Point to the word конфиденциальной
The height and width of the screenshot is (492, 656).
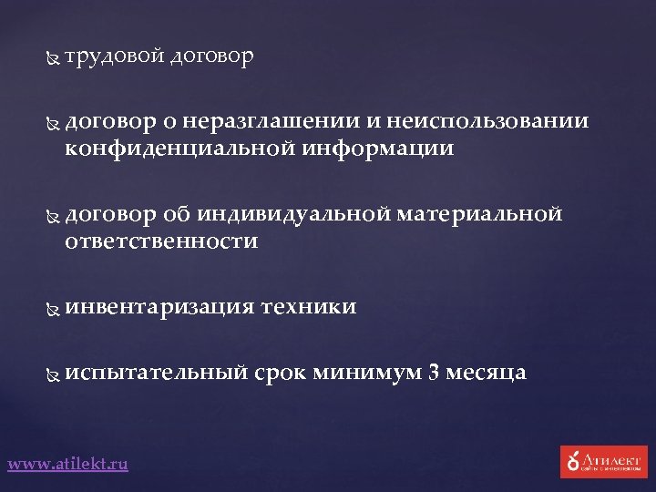point(178,148)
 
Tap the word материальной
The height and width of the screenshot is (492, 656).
point(480,214)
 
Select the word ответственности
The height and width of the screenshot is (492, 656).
point(161,241)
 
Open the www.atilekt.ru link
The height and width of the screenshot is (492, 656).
point(68,464)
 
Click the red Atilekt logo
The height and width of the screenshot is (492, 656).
point(604,461)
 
